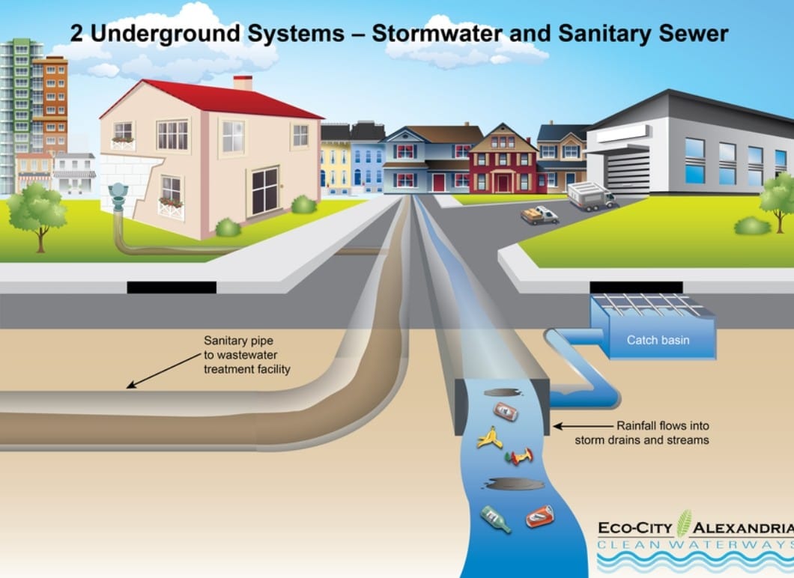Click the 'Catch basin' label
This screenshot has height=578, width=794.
[658, 340]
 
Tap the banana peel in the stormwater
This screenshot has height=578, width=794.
[490, 437]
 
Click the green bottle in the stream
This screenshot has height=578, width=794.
[495, 518]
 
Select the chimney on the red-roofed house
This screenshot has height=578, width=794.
[243, 82]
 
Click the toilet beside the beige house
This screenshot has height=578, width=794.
[118, 197]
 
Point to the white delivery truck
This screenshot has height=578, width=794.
[590, 195]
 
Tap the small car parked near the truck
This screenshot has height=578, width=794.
[540, 216]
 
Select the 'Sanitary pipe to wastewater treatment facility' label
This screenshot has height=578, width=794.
[247, 355]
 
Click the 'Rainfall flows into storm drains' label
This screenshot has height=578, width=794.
[641, 433]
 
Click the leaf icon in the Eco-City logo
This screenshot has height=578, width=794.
[684, 523]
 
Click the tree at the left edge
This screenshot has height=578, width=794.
[37, 213]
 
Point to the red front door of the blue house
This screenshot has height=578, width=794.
[438, 182]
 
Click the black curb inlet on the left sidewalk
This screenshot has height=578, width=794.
[172, 287]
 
